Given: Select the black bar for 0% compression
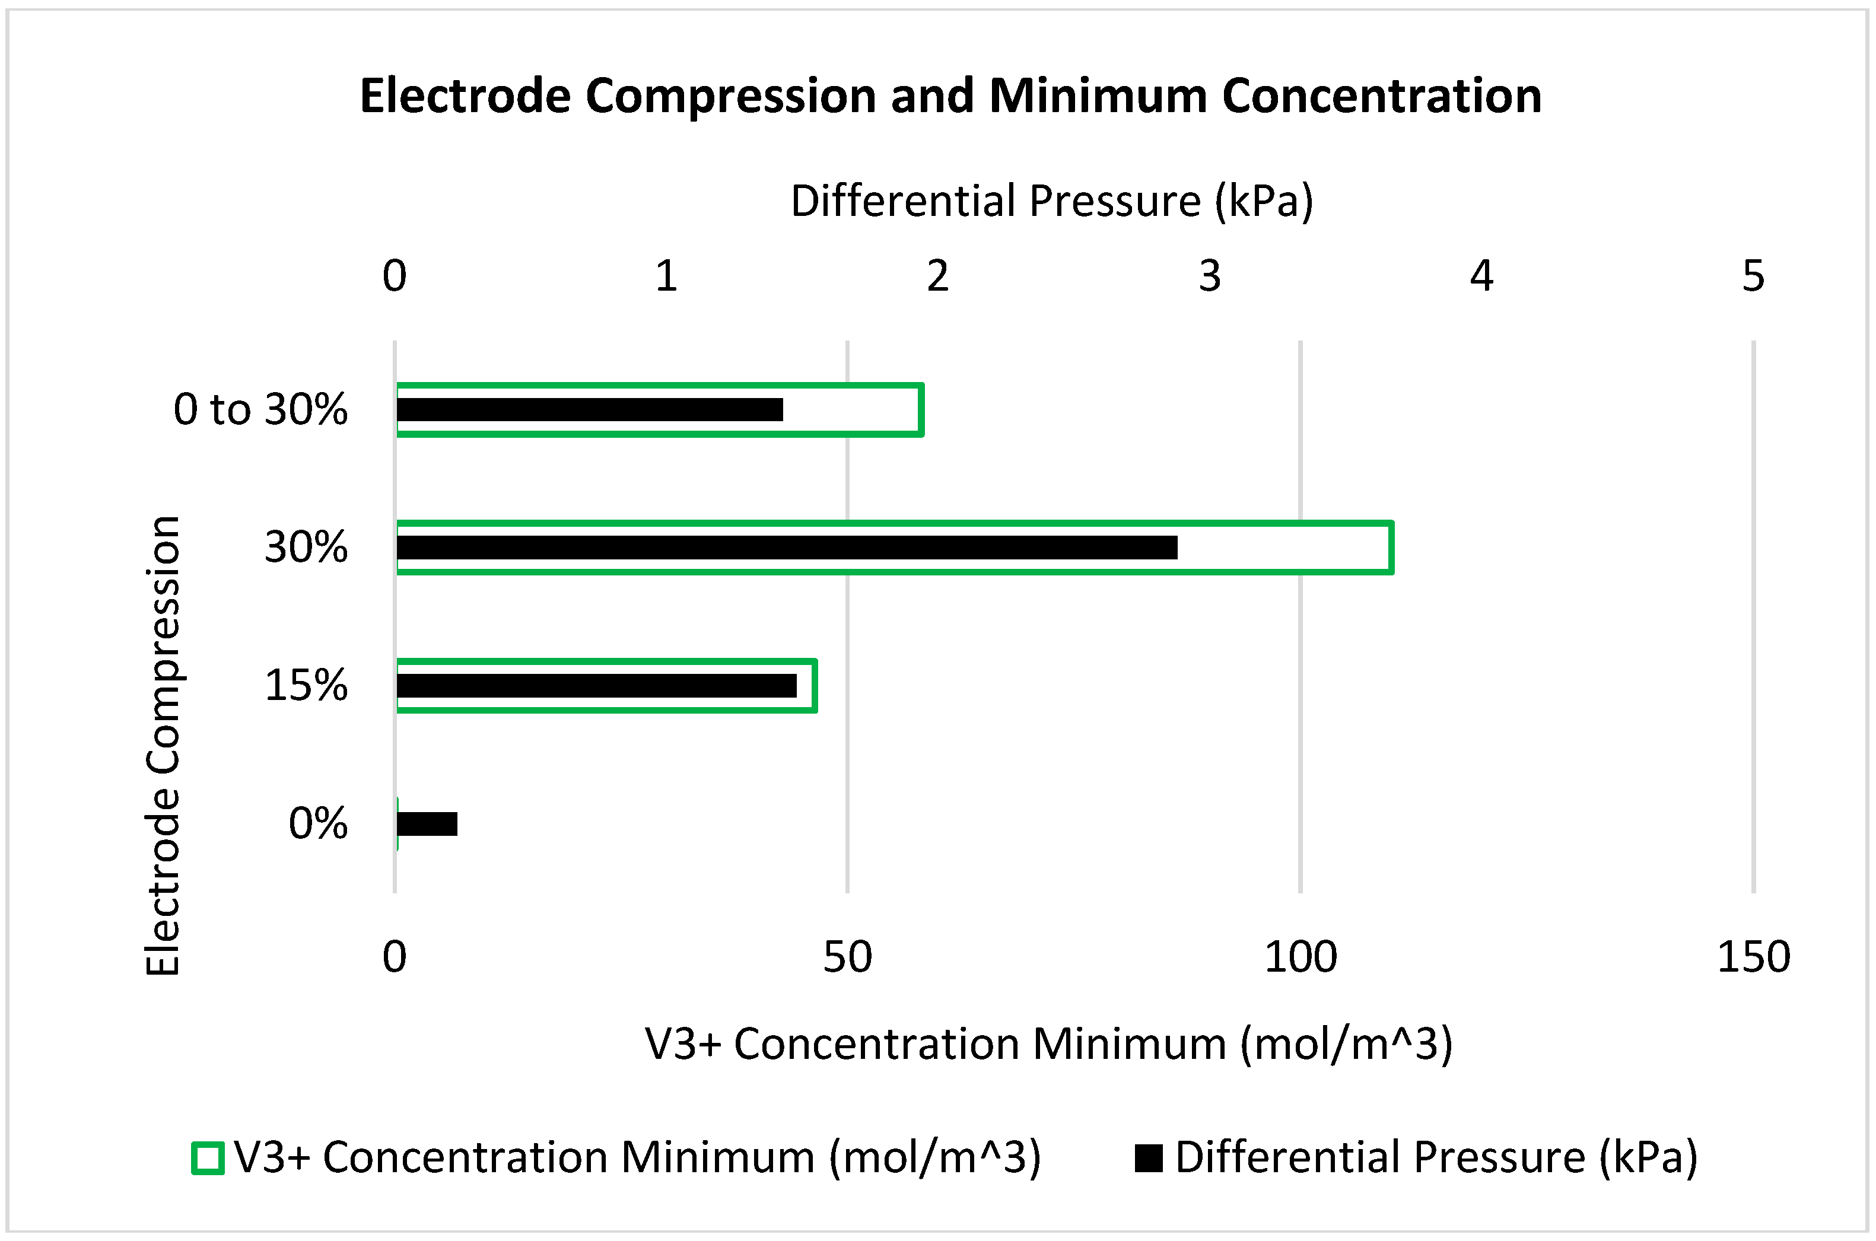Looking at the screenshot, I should coord(427,824).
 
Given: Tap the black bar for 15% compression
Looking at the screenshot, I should coord(596,685).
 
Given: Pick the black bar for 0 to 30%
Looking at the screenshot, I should coord(590,409).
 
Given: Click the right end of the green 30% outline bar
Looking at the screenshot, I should coord(1391,548).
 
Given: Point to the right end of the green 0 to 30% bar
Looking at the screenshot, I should coord(921,409).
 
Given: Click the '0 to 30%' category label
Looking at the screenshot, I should coord(260,409).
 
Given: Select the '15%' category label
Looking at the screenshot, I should coord(306,685).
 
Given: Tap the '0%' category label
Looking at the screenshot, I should coord(317,824).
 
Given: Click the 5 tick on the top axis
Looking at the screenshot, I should coord(1753,276).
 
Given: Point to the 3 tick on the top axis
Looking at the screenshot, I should coord(1210,276).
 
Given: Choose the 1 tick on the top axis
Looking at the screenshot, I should coord(666,276).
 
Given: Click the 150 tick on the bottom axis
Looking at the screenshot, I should coord(1753,957).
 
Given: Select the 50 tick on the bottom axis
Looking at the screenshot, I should coord(847,957).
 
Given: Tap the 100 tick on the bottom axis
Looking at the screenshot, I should coord(1301,957).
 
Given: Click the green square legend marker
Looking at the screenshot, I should coord(208,1158).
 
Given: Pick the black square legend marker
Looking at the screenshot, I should coord(1149,1158).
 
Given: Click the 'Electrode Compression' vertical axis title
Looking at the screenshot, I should coord(164,746).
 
